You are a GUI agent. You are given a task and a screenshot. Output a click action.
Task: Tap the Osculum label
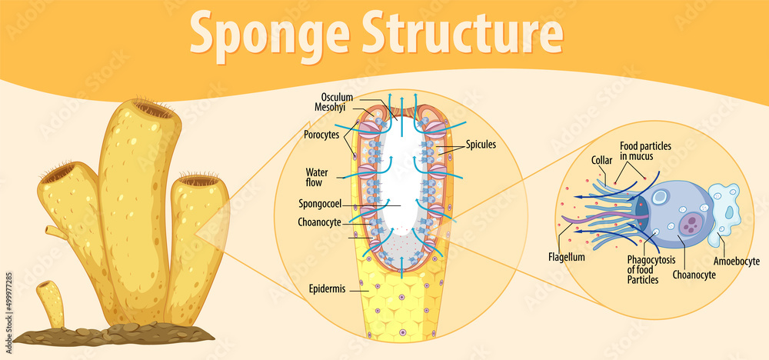coord(336,97)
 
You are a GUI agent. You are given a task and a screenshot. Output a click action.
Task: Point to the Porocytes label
coord(321,134)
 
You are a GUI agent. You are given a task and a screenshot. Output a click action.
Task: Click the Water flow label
coord(318,177)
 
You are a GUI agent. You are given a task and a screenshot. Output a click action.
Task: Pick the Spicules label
coord(481,144)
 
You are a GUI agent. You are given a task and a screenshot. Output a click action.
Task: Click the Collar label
coord(602,161)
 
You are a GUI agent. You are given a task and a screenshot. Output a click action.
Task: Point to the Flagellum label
coord(566,256)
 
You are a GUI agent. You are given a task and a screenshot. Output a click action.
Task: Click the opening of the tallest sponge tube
coord(153,109)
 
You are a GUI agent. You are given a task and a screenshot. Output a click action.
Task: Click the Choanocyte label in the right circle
coord(694,273)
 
